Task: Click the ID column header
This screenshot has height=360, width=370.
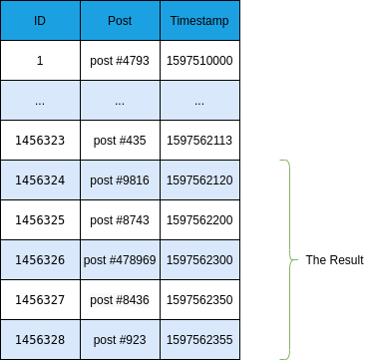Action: [x=40, y=21]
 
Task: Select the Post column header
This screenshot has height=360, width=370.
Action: [x=120, y=21]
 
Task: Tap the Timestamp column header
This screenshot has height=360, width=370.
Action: [x=199, y=21]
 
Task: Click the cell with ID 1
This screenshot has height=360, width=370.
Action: [x=40, y=61]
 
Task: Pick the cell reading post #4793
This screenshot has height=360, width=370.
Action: [x=120, y=61]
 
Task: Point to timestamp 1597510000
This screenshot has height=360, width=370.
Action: [x=199, y=61]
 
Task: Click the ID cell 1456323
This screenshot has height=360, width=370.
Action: [x=40, y=141]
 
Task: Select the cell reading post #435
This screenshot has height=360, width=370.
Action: [x=120, y=141]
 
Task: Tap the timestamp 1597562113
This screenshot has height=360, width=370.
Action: [x=199, y=141]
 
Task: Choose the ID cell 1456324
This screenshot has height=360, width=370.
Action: [x=40, y=180]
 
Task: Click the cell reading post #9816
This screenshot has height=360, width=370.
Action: [x=120, y=180]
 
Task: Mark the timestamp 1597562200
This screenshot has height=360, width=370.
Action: [x=199, y=220]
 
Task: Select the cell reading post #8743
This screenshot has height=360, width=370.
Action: [x=120, y=220]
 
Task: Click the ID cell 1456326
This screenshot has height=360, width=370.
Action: [x=40, y=260]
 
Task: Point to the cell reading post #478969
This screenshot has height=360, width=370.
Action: [x=120, y=260]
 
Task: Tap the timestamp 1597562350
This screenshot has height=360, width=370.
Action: [x=199, y=300]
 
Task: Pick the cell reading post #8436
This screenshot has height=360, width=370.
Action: [x=120, y=300]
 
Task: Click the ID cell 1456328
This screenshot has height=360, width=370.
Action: [x=40, y=340]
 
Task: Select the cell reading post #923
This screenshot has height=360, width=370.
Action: [x=120, y=340]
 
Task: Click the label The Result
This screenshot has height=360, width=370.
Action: [x=334, y=260]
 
